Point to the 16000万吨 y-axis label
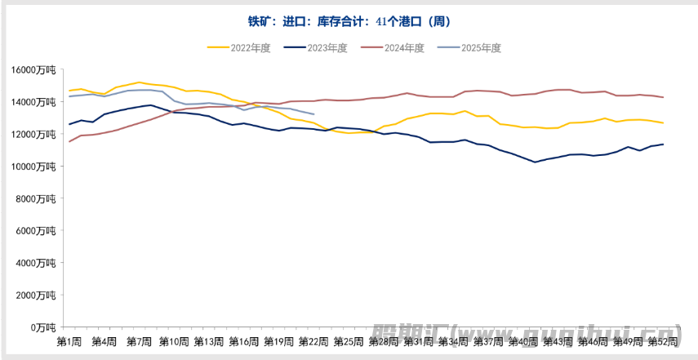coord(33,70)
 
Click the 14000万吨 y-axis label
coord(33,102)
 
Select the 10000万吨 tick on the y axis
coord(33,167)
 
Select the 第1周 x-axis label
coord(69,340)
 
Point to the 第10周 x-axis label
coord(174,340)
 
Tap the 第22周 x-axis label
coord(313,340)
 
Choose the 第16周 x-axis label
coord(243,340)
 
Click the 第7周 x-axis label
coord(139,340)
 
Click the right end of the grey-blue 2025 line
coord(314,114)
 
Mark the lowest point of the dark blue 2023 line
coord(535,162)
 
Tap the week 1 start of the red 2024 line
coord(69,141)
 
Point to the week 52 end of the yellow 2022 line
coord(663,123)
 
